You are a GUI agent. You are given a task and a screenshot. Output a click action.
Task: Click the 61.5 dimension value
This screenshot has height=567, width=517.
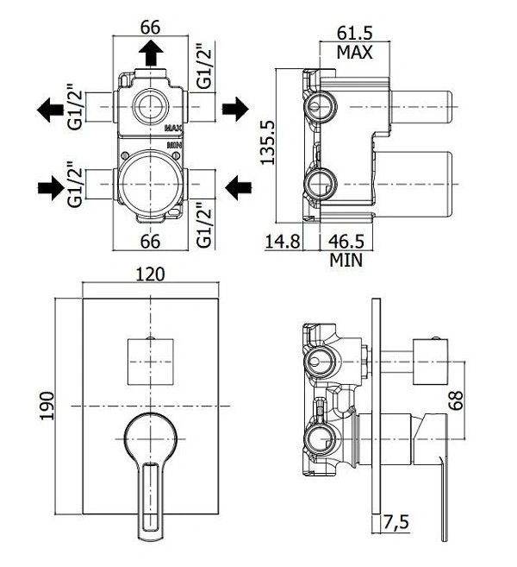[x=354, y=34]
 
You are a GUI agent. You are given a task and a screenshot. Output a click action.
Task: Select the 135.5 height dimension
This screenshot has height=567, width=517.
[x=267, y=143]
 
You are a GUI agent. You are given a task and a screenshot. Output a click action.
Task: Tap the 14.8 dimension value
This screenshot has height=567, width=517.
[x=283, y=241]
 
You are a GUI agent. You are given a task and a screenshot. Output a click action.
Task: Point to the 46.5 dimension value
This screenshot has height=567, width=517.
[x=346, y=241]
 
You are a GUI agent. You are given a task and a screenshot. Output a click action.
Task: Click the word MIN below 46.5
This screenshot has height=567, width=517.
[x=346, y=260]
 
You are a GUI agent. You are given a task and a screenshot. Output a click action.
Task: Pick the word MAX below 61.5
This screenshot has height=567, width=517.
[x=354, y=53]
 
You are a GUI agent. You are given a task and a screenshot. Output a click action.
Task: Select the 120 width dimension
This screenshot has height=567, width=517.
[x=150, y=274]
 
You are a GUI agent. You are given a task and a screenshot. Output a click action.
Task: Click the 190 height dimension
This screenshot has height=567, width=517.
[x=47, y=406]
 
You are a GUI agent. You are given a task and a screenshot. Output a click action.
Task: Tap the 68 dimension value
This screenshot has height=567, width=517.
[x=457, y=400]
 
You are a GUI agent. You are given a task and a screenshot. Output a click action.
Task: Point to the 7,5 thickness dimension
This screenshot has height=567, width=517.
[x=396, y=522]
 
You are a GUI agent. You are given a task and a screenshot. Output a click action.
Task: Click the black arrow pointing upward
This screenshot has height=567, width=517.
[x=151, y=53]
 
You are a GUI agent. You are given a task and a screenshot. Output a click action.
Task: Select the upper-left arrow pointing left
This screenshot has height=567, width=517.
[x=50, y=110]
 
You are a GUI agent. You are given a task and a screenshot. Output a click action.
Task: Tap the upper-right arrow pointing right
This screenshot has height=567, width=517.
[x=235, y=109]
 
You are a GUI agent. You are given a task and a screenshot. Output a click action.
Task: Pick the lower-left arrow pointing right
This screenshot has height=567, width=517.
[x=51, y=187]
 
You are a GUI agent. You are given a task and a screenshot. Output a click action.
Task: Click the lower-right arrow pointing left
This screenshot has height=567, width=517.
[x=239, y=187]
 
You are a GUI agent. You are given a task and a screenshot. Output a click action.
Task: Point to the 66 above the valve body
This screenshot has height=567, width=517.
[x=150, y=28]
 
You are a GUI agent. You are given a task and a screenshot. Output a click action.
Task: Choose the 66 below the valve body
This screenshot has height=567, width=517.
[x=150, y=241]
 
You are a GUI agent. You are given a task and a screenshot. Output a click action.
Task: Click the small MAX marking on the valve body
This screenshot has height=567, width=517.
[x=174, y=128]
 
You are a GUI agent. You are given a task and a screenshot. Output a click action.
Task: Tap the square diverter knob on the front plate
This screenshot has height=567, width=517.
[x=151, y=362]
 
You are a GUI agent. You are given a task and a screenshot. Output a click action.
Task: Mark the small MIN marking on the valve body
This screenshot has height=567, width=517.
[x=175, y=145]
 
